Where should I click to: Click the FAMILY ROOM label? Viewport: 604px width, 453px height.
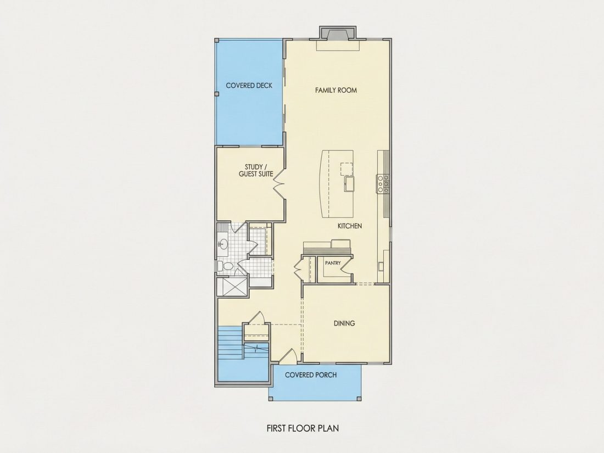[336, 90]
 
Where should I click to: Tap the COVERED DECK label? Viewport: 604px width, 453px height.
[249, 86]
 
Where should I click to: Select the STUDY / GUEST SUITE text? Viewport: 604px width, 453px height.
[256, 170]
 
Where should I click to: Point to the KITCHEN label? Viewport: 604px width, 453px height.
[350, 226]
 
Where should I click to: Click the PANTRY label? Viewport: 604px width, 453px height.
[333, 263]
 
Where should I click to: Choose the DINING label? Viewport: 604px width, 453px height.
[344, 323]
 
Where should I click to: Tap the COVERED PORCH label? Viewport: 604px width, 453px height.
[311, 375]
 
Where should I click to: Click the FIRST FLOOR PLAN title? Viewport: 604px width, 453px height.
[303, 428]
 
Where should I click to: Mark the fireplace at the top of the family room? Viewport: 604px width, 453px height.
[338, 33]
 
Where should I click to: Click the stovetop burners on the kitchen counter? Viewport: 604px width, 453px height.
[383, 184]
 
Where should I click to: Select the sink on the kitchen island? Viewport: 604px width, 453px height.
[349, 183]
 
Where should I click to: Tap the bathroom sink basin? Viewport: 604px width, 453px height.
[223, 244]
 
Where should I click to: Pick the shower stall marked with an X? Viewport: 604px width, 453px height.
[232, 287]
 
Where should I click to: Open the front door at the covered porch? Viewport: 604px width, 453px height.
[288, 356]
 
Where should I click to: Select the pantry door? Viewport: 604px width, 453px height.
[346, 265]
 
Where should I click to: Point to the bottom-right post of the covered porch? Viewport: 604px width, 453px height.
[359, 399]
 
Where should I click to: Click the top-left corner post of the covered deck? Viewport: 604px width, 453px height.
[217, 40]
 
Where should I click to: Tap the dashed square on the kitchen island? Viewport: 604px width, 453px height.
[346, 169]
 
